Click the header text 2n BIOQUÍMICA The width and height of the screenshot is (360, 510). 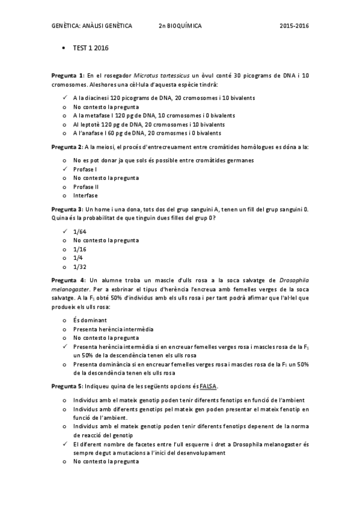180,26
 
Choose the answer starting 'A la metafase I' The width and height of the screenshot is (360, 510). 153,115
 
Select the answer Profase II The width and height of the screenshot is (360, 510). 86,186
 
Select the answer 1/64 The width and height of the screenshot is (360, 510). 79,232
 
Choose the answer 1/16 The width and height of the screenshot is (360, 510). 79,249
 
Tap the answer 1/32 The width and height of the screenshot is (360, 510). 79,266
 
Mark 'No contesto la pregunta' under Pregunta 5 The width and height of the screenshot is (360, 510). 106,462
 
